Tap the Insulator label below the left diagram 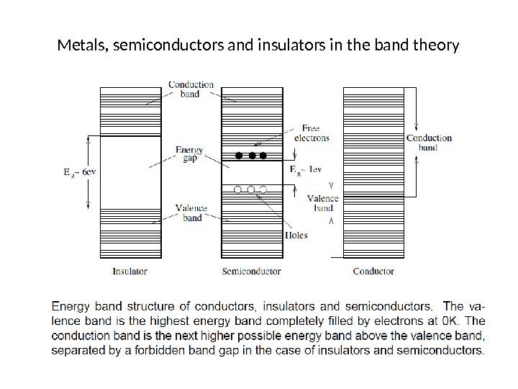(130, 272)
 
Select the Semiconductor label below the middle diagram (252, 272)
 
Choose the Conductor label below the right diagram (373, 272)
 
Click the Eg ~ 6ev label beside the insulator (71, 172)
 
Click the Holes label (296, 235)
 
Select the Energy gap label (190, 154)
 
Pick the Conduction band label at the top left (191, 89)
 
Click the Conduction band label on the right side (429, 143)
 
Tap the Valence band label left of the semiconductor (191, 213)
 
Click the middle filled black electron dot (251, 156)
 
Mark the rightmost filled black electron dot (263, 156)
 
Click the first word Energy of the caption (72, 306)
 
